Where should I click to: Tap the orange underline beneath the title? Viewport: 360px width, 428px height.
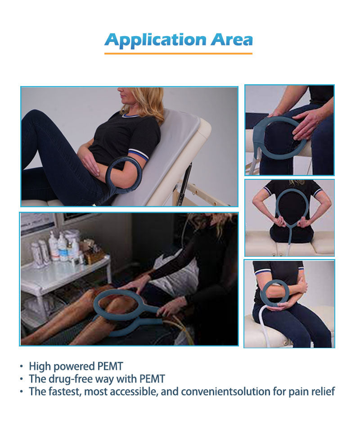(x=178, y=54)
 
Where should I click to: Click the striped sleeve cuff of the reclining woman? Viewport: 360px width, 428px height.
(x=139, y=154)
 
